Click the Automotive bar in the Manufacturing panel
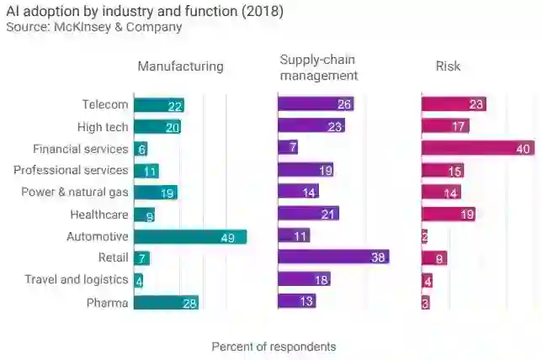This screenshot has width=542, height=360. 190,236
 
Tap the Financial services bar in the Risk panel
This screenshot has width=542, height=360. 478,149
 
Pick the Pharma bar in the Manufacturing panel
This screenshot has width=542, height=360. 166,302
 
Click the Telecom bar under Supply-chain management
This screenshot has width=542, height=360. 316,105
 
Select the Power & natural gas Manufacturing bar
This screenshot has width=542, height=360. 156,193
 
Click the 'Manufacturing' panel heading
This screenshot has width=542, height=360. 180,66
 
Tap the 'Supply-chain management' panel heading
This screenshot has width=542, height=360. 319,67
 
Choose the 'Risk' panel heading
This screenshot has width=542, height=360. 448,66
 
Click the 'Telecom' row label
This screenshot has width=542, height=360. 105,105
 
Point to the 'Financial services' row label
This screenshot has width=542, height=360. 81,149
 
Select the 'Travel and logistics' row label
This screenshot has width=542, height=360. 77,280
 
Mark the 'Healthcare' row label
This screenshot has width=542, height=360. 99,214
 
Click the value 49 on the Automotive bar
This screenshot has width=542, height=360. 227,237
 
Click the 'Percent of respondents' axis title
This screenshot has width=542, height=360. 274,347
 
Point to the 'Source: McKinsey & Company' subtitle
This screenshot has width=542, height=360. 93,28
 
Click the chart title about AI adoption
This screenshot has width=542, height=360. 145,12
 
